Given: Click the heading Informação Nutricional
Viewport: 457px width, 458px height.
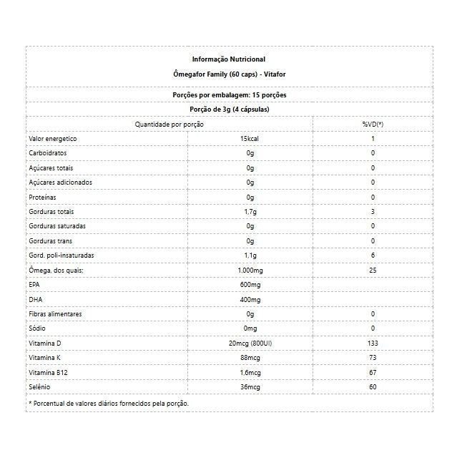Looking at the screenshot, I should click(229, 59).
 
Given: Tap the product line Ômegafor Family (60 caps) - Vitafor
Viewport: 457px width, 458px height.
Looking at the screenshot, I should click(229, 74).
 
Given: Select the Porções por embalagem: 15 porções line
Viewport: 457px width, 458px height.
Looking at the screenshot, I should click(229, 94).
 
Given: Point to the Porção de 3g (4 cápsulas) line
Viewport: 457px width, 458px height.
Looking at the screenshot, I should click(229, 109).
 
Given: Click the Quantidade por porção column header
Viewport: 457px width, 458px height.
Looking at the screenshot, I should click(169, 124).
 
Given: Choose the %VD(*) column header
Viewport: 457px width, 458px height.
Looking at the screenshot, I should click(373, 124).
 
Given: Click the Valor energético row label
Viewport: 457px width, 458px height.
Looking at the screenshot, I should click(52, 138).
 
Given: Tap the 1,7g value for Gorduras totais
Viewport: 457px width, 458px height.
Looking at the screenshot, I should click(250, 212).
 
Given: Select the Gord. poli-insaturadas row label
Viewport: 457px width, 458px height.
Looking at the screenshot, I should click(61, 255).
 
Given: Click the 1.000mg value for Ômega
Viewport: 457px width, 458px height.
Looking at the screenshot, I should click(250, 271).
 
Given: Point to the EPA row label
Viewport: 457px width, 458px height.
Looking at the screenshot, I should click(34, 285).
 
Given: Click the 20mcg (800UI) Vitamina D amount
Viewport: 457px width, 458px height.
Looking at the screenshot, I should click(250, 343).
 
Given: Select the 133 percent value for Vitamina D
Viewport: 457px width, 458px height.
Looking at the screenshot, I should click(373, 343).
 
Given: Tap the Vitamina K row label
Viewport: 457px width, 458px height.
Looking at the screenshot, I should click(44, 358).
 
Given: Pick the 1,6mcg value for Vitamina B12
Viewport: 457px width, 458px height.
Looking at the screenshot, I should click(250, 373).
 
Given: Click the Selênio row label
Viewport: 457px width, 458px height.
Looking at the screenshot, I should click(40, 387).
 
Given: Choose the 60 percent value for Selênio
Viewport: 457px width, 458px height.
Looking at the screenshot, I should click(373, 387).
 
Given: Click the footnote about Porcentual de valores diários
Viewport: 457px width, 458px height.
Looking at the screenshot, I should click(109, 404).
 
